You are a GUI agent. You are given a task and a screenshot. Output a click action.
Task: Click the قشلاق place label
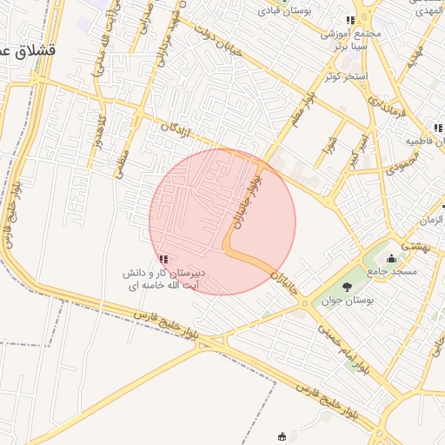tap(25, 51)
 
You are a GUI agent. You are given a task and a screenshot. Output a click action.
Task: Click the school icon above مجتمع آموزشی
tap(350, 21)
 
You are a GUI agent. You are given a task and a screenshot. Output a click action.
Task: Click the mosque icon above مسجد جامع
tap(391, 258)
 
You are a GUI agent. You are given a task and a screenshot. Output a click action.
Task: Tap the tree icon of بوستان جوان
tap(347, 286)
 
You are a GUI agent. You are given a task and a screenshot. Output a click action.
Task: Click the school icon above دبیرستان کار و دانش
tap(163, 259)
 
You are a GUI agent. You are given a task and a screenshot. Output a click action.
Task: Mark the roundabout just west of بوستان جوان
tap(305, 303)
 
